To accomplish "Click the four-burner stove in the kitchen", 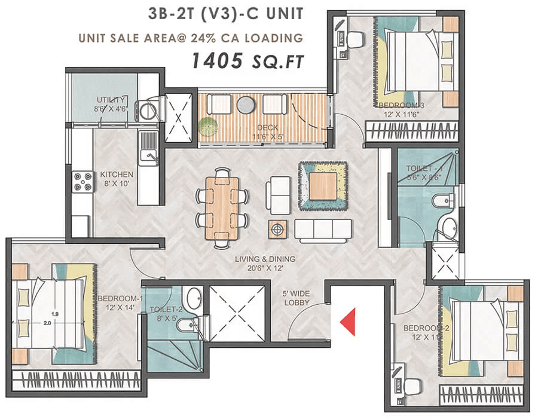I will click(82, 181).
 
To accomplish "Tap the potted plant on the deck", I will click(207, 126).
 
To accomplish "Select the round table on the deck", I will click(245, 105).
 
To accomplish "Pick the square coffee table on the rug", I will click(323, 185).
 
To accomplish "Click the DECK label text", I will click(264, 128).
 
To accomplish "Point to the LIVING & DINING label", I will click(265, 262).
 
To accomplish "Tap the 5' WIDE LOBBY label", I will click(296, 299).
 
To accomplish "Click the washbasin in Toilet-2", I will click(192, 297).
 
